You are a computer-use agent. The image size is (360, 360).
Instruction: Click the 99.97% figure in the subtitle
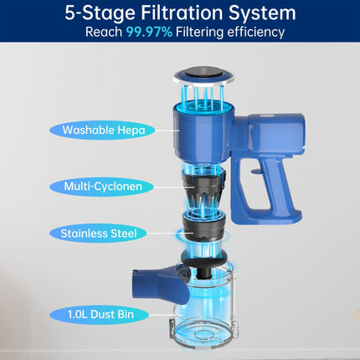coord(149,32)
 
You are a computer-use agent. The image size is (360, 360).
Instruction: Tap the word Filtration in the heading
coord(183,13)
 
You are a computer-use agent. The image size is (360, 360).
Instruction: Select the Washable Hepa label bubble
coord(102,131)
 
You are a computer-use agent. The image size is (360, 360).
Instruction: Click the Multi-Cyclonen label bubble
coord(102,187)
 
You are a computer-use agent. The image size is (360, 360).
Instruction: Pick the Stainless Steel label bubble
coord(98,234)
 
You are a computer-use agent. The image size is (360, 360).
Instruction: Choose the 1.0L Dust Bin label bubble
coord(99,315)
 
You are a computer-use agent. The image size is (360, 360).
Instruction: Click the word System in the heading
coord(262,13)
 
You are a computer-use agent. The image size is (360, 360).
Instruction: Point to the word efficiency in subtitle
coord(255,32)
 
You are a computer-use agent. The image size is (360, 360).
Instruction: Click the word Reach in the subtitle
coord(104,32)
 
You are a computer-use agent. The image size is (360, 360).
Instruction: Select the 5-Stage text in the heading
coord(100,13)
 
